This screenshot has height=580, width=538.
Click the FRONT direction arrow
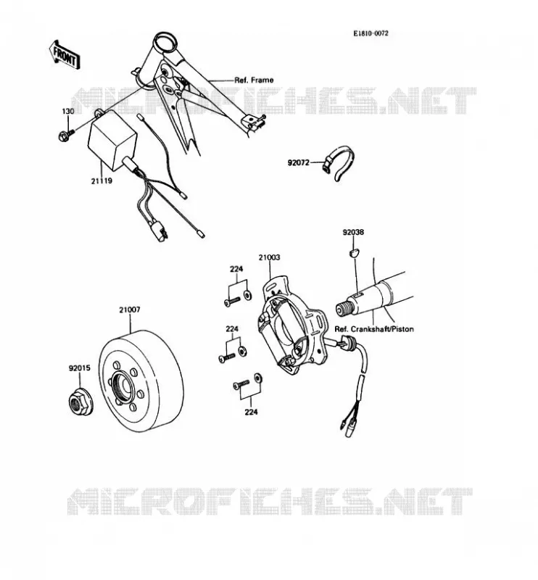[64, 55]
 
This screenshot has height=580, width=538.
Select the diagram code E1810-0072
[371, 33]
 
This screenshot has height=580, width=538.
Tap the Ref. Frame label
[254, 80]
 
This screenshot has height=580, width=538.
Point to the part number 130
[67, 111]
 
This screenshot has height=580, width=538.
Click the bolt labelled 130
[66, 135]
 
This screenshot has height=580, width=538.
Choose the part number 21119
[102, 181]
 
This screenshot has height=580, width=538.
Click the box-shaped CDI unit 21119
[112, 139]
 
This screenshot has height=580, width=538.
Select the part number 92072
[298, 162]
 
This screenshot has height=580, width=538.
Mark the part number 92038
[353, 232]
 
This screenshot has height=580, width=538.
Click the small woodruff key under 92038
[354, 252]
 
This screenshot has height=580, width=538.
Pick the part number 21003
[269, 257]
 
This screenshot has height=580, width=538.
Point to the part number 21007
[130, 310]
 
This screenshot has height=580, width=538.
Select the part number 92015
[79, 368]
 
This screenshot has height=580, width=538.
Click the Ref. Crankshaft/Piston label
[374, 329]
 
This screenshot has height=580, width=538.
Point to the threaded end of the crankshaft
[343, 310]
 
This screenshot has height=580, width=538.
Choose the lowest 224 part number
[251, 412]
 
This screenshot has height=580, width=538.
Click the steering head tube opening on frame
[164, 42]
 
